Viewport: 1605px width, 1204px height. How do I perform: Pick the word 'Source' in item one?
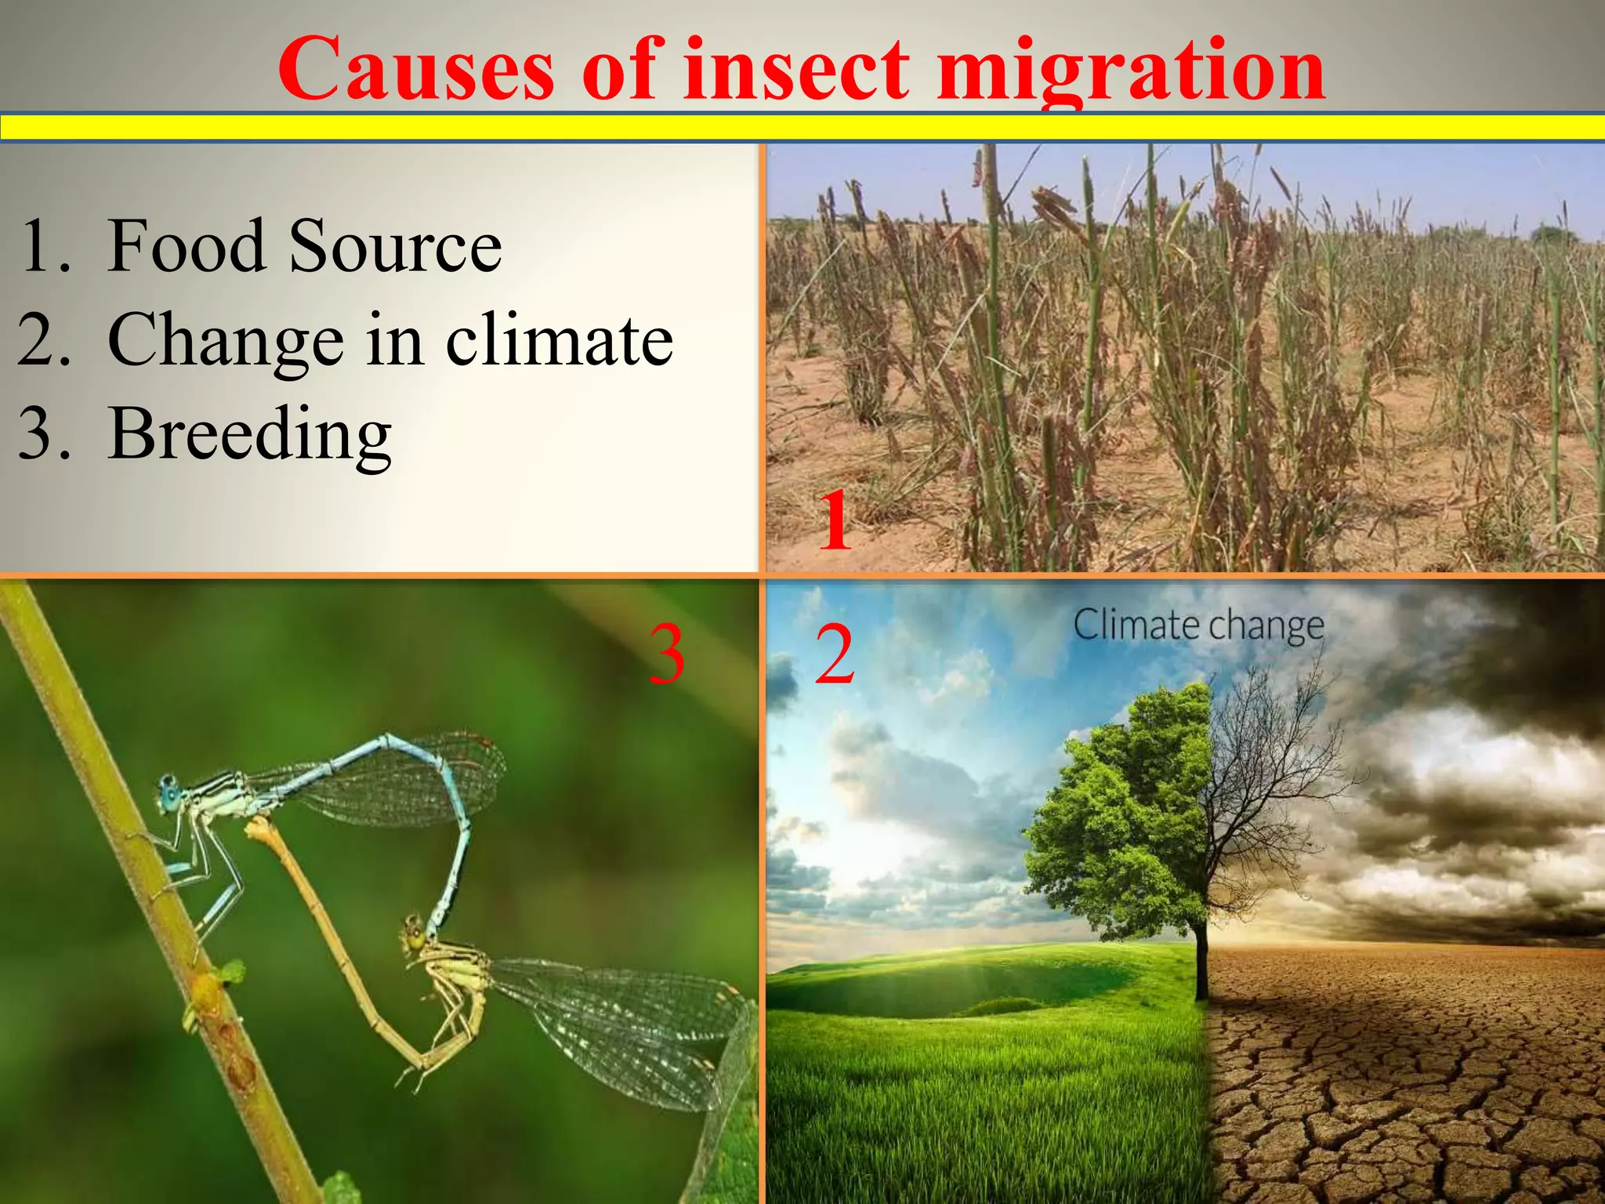(395, 246)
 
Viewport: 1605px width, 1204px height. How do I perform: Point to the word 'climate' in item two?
(559, 340)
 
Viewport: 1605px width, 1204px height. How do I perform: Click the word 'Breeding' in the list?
(249, 436)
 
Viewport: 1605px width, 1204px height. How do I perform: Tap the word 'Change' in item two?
(226, 342)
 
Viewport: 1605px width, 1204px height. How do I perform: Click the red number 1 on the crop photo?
(834, 520)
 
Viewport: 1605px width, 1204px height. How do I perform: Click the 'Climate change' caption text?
(1198, 626)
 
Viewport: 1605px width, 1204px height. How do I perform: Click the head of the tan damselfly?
(414, 936)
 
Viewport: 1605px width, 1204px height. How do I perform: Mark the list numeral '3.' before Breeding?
(44, 434)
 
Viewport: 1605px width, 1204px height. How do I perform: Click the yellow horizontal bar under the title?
(802, 127)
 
